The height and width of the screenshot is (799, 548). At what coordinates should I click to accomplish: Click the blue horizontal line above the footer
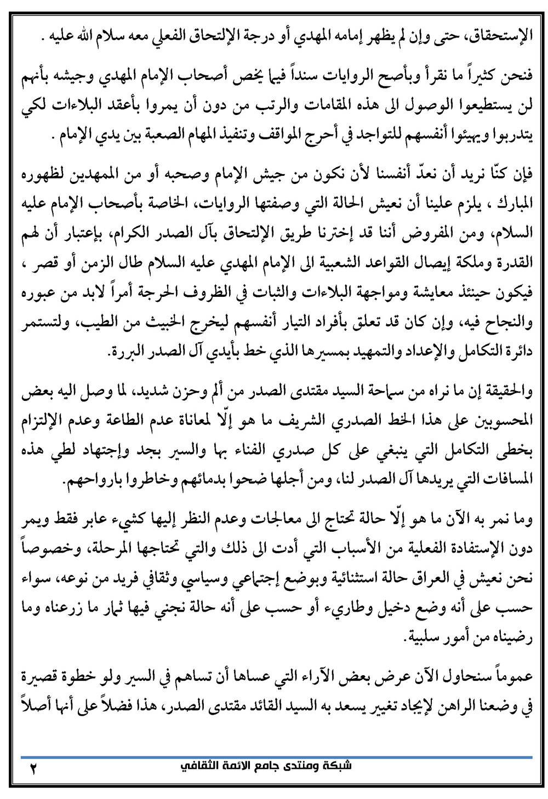point(274,757)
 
